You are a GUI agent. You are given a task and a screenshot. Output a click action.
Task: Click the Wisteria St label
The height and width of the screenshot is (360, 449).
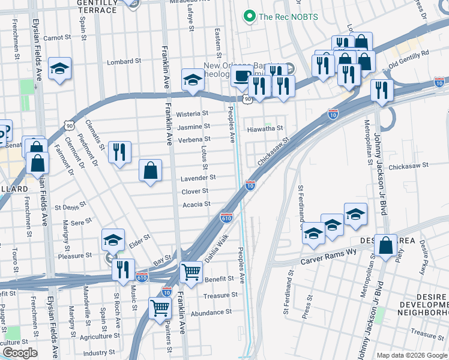point(192,113)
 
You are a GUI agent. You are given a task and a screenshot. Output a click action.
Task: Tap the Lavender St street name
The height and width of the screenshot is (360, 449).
point(198,178)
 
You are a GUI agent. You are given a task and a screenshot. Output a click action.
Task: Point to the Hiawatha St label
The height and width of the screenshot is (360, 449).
point(265,128)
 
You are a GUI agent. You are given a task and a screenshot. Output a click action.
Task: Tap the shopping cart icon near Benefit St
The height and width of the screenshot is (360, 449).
point(191,272)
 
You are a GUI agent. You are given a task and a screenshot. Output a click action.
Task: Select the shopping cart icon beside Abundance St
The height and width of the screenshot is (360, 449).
point(160,308)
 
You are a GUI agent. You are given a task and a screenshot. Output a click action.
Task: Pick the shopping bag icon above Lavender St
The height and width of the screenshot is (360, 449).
point(150,170)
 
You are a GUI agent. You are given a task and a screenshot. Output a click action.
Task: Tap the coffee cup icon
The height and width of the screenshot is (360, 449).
point(241,76)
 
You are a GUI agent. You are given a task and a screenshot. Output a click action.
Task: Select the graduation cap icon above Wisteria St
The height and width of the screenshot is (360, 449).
point(192,79)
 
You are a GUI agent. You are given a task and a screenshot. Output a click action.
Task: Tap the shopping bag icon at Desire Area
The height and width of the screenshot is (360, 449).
point(385,244)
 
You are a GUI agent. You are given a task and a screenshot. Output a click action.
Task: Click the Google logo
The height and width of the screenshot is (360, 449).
point(20,353)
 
